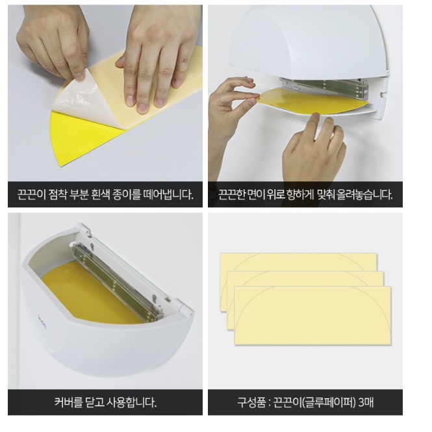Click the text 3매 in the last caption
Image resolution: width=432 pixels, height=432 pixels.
[x=366, y=403]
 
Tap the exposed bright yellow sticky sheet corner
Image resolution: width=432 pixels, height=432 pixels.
[x=83, y=138]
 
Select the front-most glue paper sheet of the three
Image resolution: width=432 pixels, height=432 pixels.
[x=312, y=316]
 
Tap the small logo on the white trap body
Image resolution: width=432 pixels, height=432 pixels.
[x=42, y=322]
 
